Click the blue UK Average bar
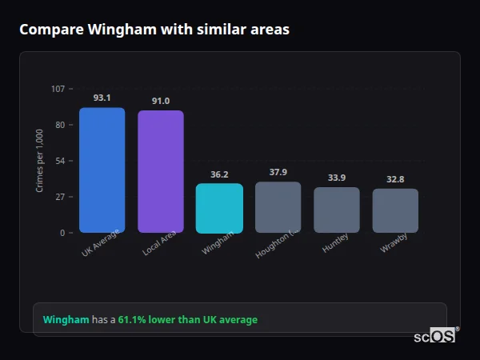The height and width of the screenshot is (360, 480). pos(102,170)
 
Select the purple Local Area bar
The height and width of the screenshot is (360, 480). pos(160,172)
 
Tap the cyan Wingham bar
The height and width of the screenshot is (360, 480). pos(219,209)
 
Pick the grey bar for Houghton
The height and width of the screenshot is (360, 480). pos(278,207)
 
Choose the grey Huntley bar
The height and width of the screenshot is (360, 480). pos(337,210)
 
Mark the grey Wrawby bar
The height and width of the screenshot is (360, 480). pos(395,211)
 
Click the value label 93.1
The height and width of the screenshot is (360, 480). pos(102,98)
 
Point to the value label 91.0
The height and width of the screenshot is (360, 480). pos(161,101)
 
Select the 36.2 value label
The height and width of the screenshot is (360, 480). pos(219,174)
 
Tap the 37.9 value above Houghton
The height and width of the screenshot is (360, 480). pos(278,172)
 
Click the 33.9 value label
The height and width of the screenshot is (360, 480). pos(337,178)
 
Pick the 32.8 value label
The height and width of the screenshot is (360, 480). pos(395,179)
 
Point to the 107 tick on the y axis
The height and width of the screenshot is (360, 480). pos(58,89)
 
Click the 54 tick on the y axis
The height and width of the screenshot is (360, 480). pos(60,161)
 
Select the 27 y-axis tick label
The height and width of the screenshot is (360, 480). pos(60,197)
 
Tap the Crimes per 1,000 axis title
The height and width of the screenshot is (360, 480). pos(40,161)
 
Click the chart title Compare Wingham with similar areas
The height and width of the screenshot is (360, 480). pos(154,30)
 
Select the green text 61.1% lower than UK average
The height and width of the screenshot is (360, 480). pos(187,320)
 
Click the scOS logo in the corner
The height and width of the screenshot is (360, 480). pos(435,336)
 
